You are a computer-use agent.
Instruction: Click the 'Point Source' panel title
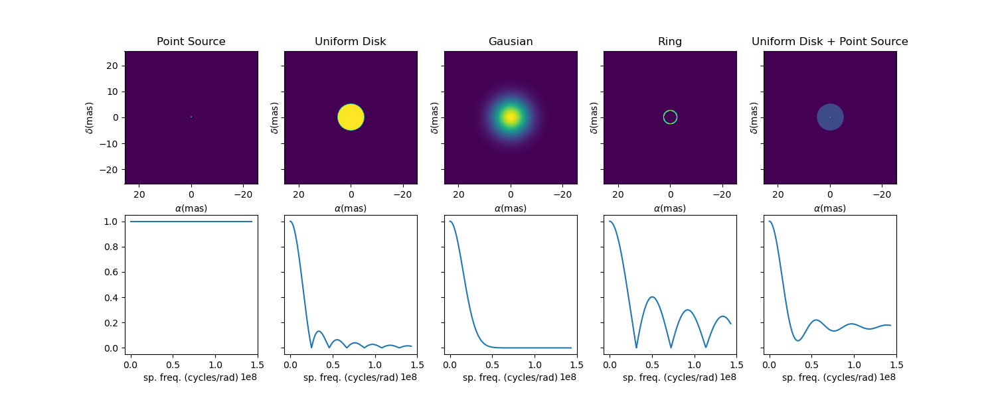coord(191,42)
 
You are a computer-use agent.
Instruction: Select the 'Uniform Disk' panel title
coord(351,42)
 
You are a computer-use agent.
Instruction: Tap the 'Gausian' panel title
coord(511,42)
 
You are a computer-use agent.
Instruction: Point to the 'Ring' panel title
coord(670,42)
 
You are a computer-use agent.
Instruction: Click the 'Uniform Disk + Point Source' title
coord(830,42)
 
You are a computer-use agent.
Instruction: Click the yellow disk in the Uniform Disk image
coord(351,117)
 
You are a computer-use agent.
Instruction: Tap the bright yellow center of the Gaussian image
coord(511,117)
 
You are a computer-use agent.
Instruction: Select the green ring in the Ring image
coord(663,117)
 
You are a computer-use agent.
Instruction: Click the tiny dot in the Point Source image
coord(191,117)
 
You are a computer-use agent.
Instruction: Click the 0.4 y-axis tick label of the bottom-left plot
coord(111,298)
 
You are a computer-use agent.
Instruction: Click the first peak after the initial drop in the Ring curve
coord(652,297)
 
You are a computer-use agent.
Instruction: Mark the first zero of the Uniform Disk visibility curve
coord(311,348)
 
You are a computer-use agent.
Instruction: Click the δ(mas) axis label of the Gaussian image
coord(434,117)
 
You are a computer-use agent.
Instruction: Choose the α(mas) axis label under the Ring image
coord(670,208)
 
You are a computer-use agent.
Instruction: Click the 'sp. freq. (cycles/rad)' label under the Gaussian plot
coord(510,377)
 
